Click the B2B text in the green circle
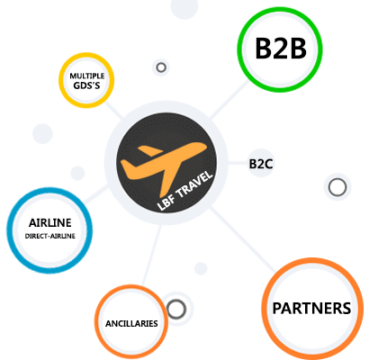tap(281, 49)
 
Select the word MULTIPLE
tap(87, 76)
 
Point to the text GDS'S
tap(86, 85)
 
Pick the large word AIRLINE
tap(50, 223)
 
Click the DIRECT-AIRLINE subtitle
tap(50, 236)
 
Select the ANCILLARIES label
tap(131, 323)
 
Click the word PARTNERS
tap(311, 309)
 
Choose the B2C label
tap(261, 164)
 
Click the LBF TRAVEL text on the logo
tap(185, 191)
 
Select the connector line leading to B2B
tap(229, 100)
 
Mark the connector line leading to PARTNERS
tap(242, 239)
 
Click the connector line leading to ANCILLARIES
tap(152, 255)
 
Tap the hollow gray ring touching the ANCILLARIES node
tap(176, 309)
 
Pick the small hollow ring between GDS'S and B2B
tap(161, 67)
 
